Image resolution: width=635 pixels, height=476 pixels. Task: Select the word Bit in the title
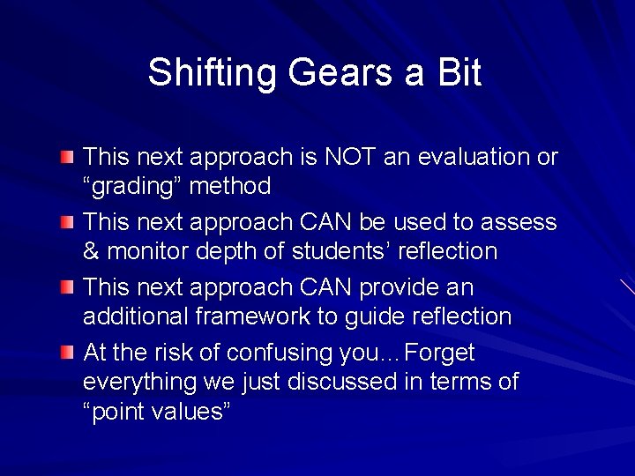(458, 73)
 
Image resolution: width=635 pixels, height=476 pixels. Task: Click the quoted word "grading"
(133, 187)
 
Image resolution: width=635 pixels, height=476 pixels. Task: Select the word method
(231, 187)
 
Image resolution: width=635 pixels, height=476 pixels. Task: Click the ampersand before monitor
(91, 252)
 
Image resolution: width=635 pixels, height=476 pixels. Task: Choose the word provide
(387, 287)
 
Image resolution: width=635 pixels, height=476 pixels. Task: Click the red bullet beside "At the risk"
(68, 353)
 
